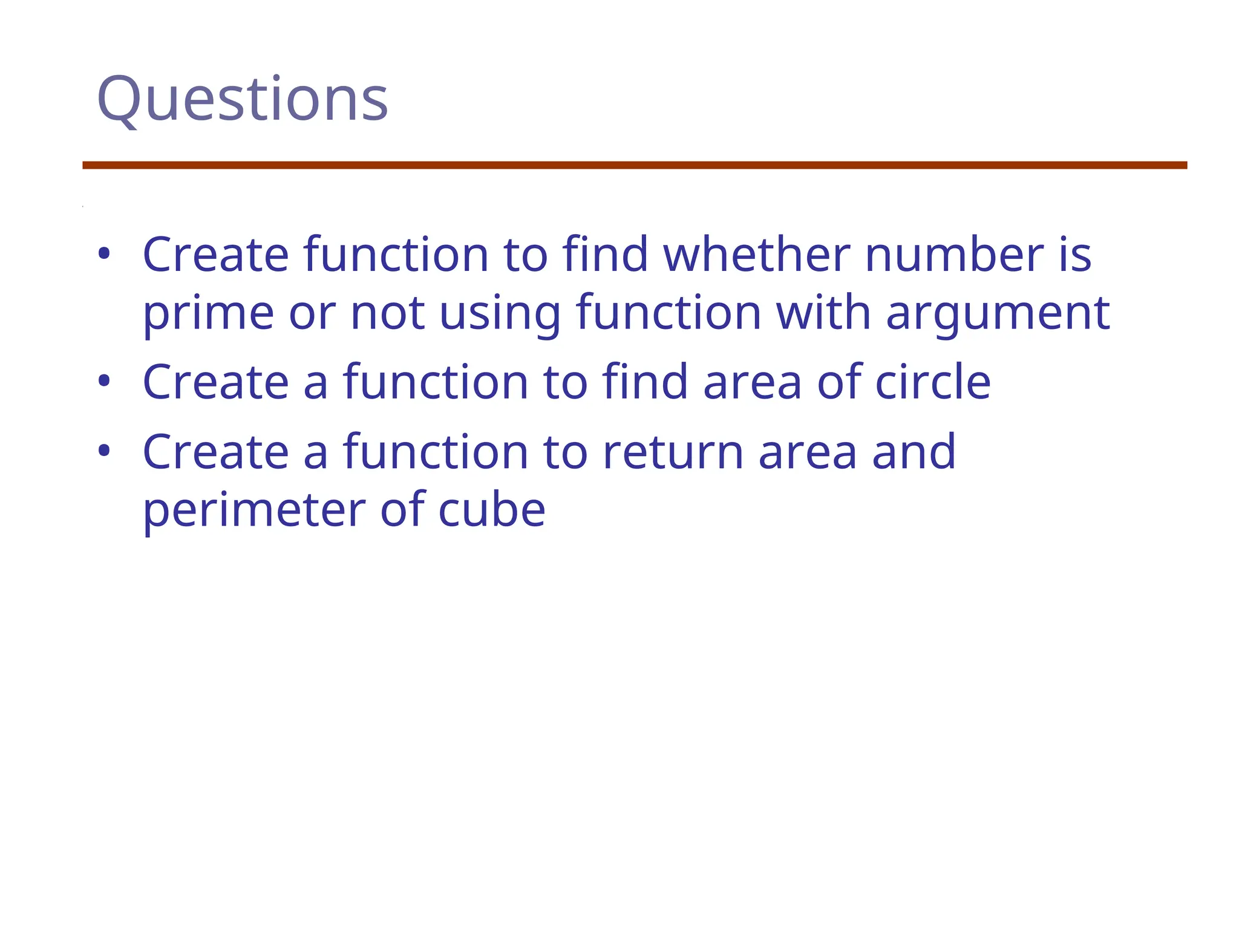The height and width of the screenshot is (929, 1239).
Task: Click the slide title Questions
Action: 242,100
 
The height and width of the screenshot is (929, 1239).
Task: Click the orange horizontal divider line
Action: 635,165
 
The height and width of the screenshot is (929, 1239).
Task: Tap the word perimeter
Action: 254,510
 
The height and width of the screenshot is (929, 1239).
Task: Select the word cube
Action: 491,510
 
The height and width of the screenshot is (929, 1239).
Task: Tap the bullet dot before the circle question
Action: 104,381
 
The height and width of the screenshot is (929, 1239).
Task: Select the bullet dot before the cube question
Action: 104,451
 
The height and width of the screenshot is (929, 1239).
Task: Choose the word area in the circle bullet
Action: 753,382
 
